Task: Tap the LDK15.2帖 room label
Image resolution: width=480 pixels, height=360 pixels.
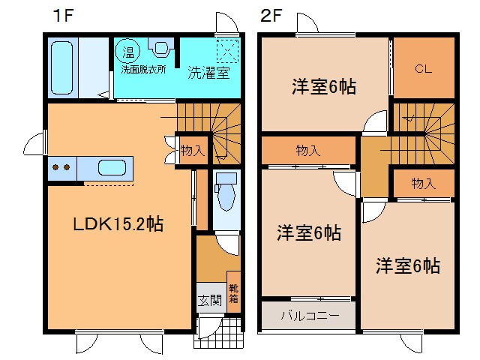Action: (118, 223)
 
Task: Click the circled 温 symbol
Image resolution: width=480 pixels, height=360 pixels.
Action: (128, 52)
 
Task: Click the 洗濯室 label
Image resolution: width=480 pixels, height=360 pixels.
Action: (208, 73)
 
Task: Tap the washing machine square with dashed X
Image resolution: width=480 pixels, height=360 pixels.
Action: (226, 52)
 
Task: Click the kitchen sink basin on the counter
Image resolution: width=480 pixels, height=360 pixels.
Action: (111, 167)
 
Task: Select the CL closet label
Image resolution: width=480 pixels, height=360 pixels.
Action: (424, 69)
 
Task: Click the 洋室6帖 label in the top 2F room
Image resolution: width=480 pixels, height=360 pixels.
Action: (323, 87)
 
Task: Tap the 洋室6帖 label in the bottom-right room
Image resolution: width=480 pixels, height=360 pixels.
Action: (407, 265)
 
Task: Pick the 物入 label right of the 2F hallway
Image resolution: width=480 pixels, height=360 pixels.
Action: (424, 184)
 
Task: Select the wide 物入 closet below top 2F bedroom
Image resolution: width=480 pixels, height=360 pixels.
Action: (307, 151)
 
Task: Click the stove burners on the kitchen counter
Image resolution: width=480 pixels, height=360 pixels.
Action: (61, 167)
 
